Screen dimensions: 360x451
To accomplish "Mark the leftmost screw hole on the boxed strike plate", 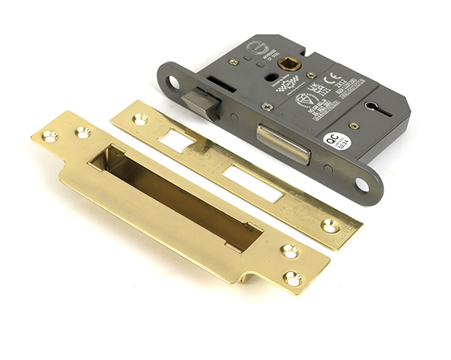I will (49, 137).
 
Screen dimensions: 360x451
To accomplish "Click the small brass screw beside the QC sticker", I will (353, 126).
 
